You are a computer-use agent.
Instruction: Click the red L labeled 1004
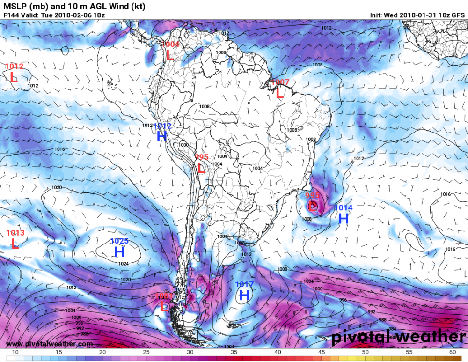pyautogui.click(x=169, y=55)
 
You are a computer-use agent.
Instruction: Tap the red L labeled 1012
pyautogui.click(x=14, y=77)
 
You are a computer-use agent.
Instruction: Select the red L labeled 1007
pyautogui.click(x=280, y=93)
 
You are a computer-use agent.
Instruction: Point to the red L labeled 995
pyautogui.click(x=201, y=168)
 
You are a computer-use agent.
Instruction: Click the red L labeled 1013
pyautogui.click(x=15, y=244)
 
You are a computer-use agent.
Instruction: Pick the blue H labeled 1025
pyautogui.click(x=119, y=252)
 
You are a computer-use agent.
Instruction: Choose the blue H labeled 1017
pyautogui.click(x=244, y=295)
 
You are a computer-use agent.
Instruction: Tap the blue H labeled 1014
pyautogui.click(x=344, y=218)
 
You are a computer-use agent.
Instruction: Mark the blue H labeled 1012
pyautogui.click(x=162, y=136)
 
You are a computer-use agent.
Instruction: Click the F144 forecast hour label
pyautogui.click(x=11, y=15)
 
